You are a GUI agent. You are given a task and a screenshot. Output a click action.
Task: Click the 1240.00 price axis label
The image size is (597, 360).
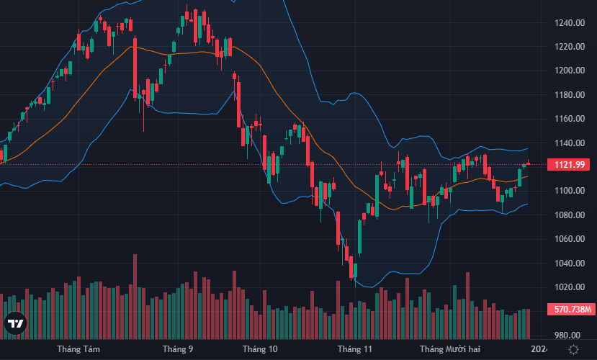pyautogui.click(x=568, y=22)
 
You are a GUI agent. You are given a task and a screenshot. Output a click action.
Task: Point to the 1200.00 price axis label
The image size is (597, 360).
pyautogui.click(x=568, y=71)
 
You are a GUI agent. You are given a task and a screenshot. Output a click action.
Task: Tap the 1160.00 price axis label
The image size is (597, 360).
pyautogui.click(x=568, y=119)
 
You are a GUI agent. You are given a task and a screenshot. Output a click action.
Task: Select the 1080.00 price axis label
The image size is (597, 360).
pyautogui.click(x=568, y=215)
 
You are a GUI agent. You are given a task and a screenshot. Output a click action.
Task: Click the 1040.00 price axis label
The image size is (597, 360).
pyautogui.click(x=568, y=264)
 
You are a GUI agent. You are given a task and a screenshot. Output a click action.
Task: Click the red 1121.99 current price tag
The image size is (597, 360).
pyautogui.click(x=568, y=165)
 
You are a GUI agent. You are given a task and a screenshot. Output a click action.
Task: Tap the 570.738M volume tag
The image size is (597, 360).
pyautogui.click(x=568, y=310)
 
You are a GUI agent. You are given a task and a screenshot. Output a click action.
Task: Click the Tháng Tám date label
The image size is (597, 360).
pyautogui.click(x=78, y=349)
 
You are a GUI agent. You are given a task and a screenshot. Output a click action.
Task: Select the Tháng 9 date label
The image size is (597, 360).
pyautogui.click(x=178, y=349)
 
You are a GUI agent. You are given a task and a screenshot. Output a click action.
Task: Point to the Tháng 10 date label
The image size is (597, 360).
pyautogui.click(x=260, y=349)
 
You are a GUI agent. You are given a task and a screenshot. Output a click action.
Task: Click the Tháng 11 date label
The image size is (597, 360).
pyautogui.click(x=355, y=349)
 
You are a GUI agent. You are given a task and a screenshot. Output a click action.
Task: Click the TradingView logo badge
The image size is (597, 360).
pyautogui.click(x=16, y=325)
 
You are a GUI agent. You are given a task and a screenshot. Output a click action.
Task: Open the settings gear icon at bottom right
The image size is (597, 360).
pyautogui.click(x=573, y=349)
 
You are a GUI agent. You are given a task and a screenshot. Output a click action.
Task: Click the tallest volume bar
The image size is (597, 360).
pyautogui.click(x=135, y=296)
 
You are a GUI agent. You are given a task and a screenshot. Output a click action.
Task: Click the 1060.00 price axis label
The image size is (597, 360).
pyautogui.click(x=568, y=239)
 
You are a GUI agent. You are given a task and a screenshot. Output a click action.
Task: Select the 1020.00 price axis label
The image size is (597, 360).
pyautogui.click(x=568, y=287)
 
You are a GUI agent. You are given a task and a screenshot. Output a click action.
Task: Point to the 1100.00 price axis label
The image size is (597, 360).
pyautogui.click(x=568, y=191)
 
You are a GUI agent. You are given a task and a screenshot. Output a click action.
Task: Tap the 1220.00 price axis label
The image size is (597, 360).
pyautogui.click(x=568, y=47)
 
